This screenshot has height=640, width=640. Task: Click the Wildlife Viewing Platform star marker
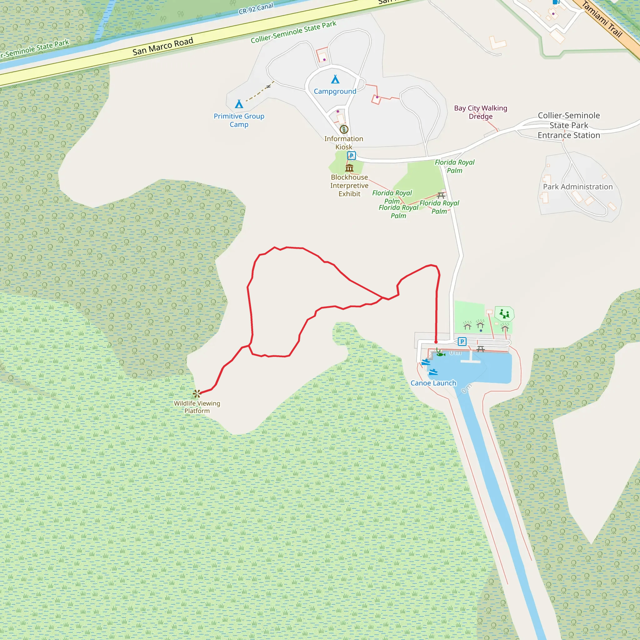pos(197,393)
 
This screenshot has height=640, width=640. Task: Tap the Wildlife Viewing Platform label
pos(197,407)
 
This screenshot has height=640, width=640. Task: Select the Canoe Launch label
pos(433,383)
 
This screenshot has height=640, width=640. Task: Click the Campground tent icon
pos(335,79)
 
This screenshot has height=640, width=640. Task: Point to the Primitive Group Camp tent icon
pos(239,104)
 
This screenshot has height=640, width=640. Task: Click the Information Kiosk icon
pos(344,129)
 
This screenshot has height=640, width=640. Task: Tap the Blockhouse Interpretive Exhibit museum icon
pos(349,167)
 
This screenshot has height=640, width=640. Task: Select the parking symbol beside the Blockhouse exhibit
pos(352,155)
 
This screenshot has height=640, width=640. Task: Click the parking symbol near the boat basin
pos(462,342)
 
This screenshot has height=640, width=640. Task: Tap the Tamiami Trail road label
pos(602,19)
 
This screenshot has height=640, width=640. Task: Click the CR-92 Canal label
pos(256,9)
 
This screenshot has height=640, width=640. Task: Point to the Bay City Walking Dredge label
pos(480,112)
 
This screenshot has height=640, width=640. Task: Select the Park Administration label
pos(578,187)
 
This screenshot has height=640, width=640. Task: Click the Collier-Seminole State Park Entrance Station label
pos(569,125)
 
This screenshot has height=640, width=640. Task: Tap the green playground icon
pos(504,313)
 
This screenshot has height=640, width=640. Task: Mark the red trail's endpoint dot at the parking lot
pos(436,342)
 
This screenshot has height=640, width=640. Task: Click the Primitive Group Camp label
pos(239,120)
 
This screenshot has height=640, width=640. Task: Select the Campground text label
pos(335,92)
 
